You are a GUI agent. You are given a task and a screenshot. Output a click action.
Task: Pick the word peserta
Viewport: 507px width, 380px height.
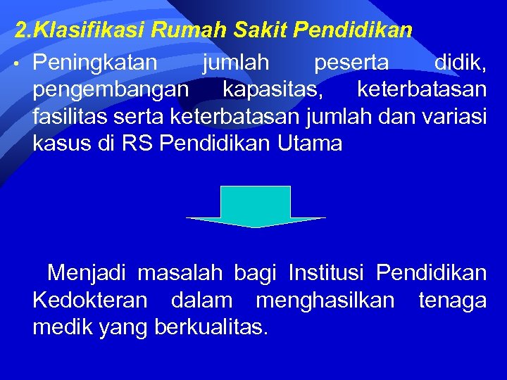click(351, 63)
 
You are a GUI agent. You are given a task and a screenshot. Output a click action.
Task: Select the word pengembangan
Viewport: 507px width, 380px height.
click(110, 90)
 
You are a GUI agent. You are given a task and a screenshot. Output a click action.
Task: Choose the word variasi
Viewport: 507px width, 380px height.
click(453, 117)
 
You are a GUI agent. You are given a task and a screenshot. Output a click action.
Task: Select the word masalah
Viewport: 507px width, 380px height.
click(180, 272)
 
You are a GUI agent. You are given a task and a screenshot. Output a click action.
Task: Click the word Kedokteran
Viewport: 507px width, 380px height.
click(89, 300)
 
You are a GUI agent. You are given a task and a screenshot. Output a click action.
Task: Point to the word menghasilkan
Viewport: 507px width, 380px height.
click(325, 300)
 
